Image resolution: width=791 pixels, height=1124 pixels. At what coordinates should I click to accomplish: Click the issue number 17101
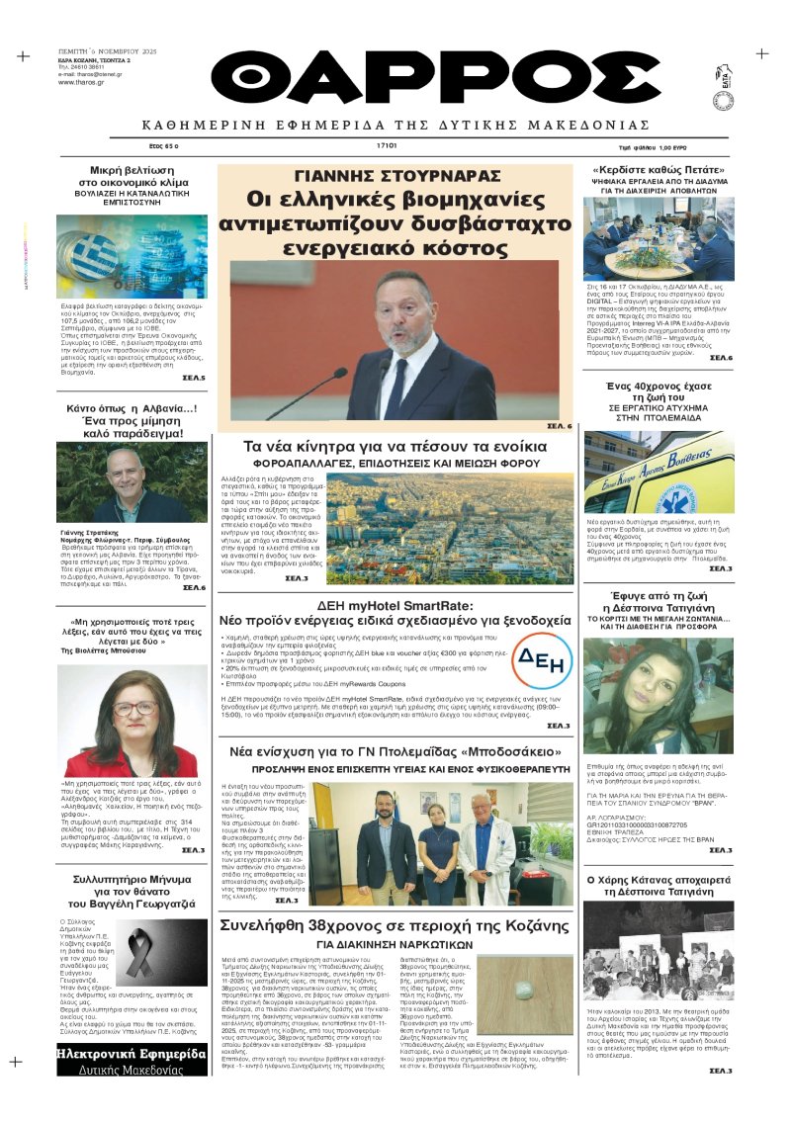386,145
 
